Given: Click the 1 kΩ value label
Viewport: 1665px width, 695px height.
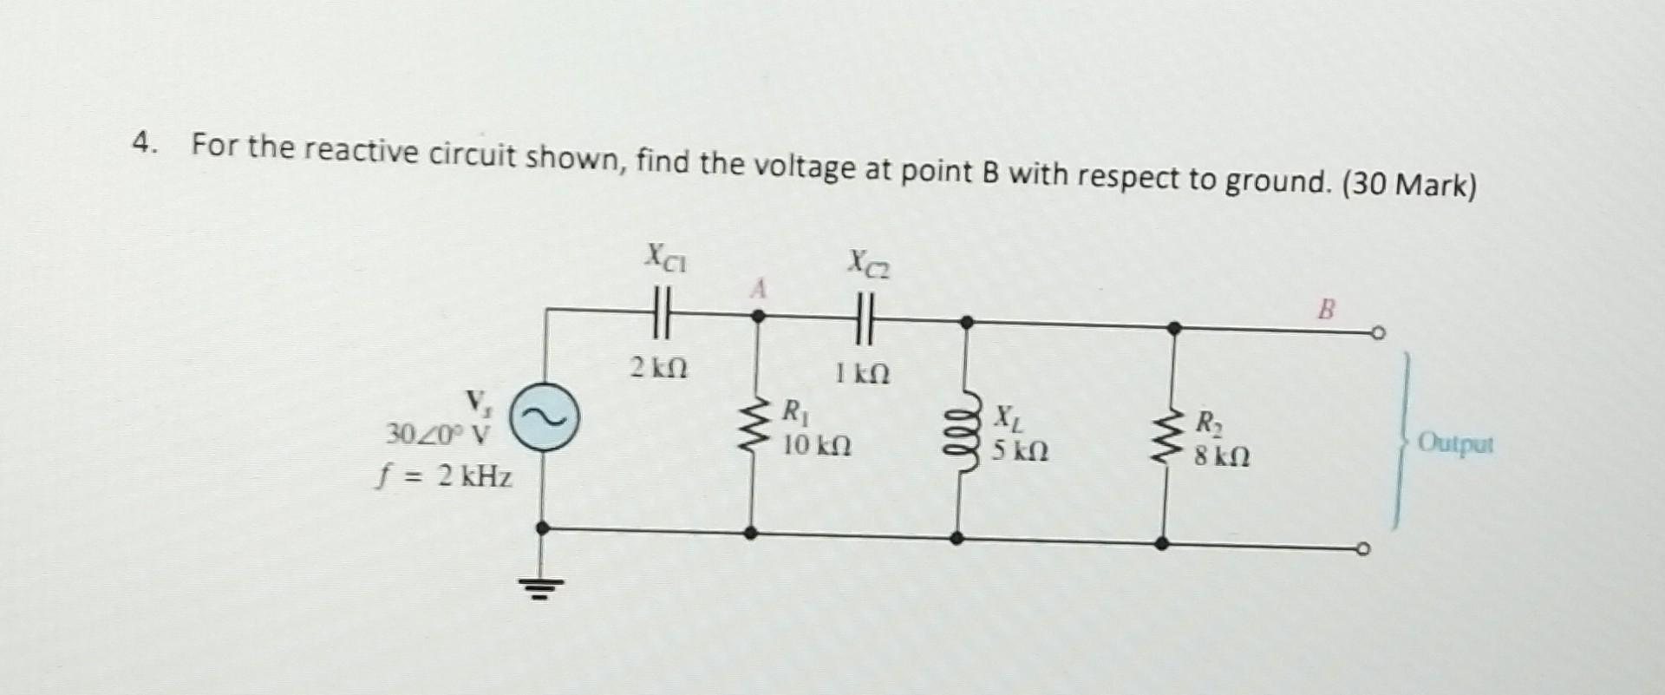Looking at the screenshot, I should click(x=862, y=374).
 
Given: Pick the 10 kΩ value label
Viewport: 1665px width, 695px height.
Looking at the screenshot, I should click(x=816, y=446).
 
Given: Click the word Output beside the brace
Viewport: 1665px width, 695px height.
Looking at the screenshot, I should click(x=1456, y=446).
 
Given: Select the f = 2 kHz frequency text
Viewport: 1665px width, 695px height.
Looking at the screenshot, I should click(x=444, y=476).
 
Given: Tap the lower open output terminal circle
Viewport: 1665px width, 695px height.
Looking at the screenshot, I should click(x=1364, y=548).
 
